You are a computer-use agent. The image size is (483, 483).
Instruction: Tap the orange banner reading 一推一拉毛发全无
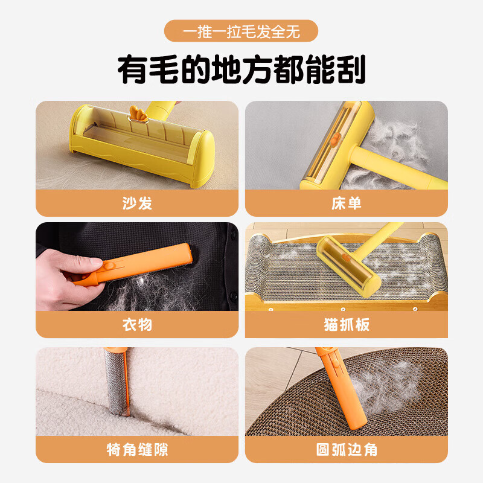[x=241, y=31]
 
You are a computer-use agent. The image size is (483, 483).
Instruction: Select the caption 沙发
[x=136, y=203]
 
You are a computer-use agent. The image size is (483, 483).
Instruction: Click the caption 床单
[x=346, y=203]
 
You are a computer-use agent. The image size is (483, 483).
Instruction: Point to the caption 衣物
[x=136, y=325]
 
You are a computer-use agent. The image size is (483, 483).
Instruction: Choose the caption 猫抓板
[x=346, y=325]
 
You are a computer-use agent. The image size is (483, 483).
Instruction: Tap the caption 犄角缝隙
[x=136, y=450]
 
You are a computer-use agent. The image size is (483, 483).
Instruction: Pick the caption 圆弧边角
[x=346, y=450]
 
